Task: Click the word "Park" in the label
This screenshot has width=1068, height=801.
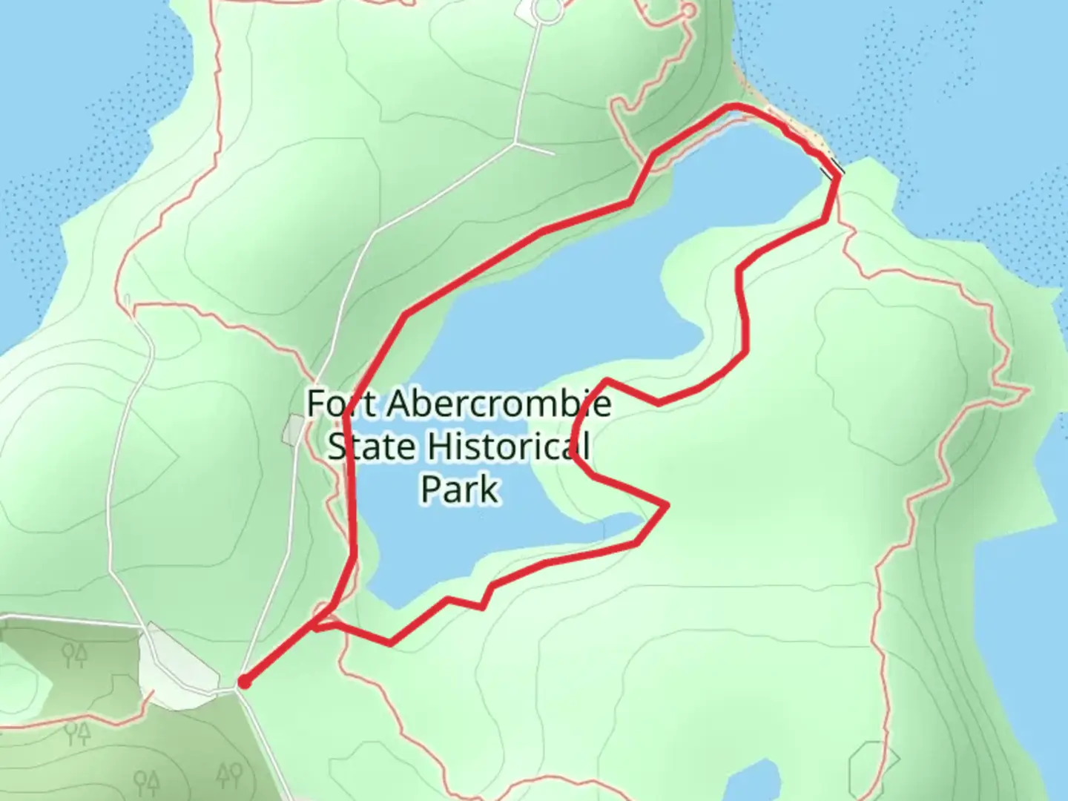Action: [x=460, y=489]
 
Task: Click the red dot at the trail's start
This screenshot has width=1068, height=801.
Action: [x=243, y=682]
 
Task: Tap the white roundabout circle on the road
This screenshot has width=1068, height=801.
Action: [x=548, y=10]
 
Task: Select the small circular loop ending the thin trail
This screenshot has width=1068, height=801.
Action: [x=689, y=11]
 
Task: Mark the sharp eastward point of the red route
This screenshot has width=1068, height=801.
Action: [x=667, y=505]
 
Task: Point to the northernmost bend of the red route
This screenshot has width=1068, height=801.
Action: [x=734, y=108]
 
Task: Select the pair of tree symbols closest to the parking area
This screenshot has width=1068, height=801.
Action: [x=74, y=655]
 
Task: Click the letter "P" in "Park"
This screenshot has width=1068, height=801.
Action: [x=431, y=489]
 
